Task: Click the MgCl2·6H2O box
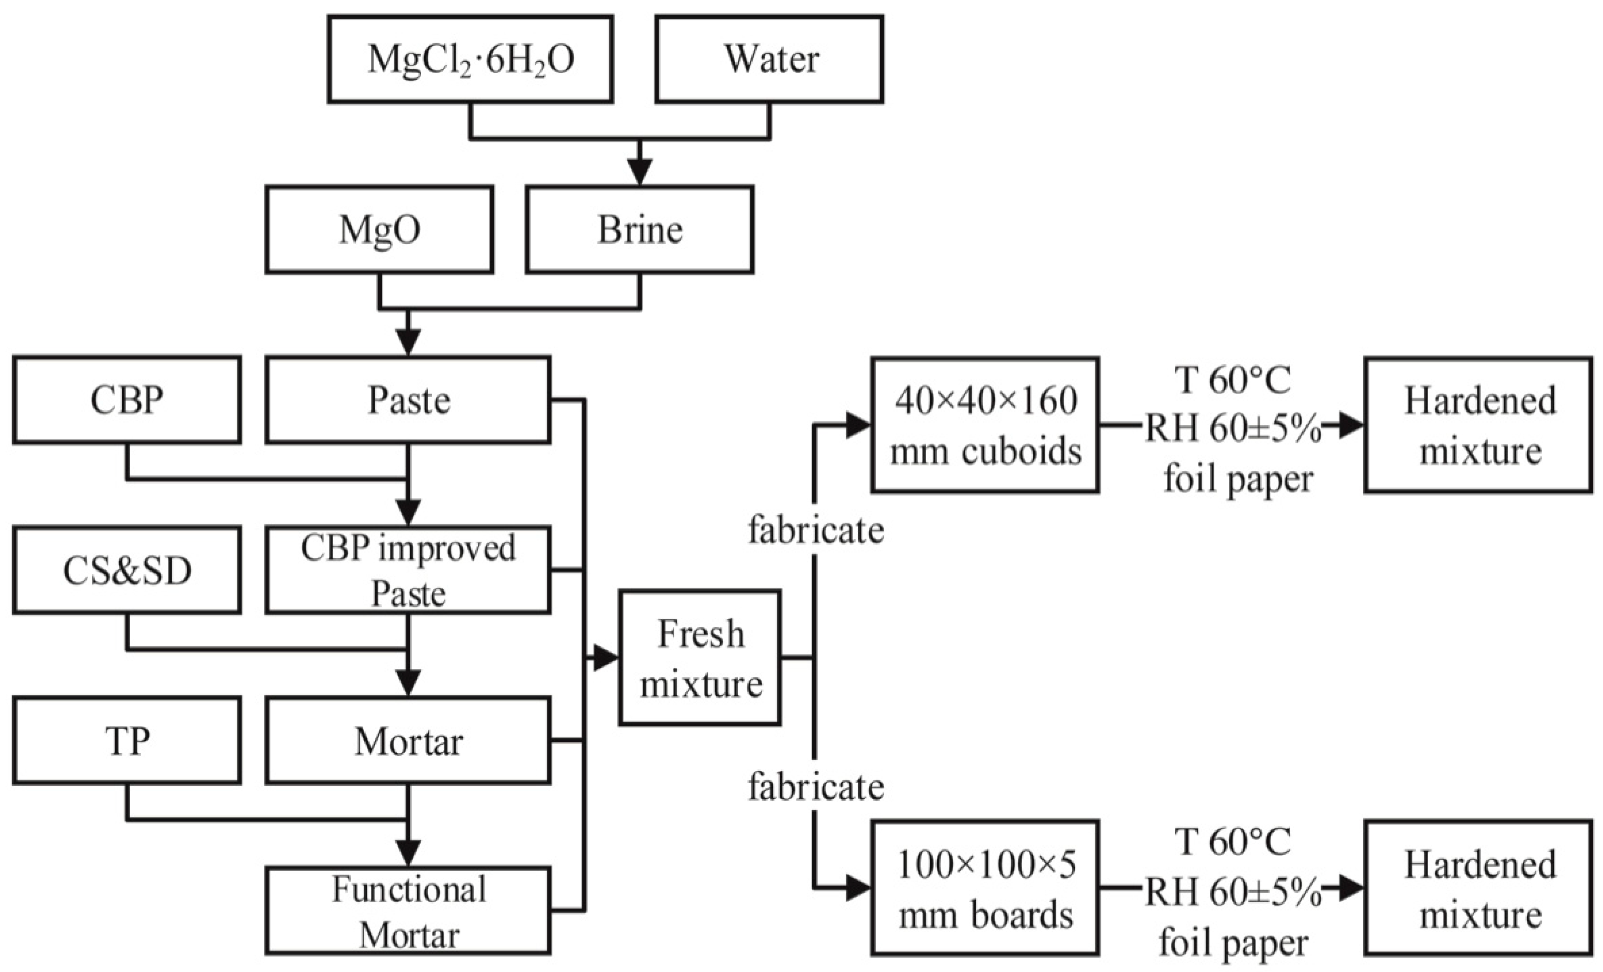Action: pyautogui.click(x=470, y=59)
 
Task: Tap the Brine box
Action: pyautogui.click(x=640, y=230)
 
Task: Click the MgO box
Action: pyautogui.click(x=379, y=230)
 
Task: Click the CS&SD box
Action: pyautogui.click(x=127, y=570)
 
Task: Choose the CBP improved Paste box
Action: pyautogui.click(x=408, y=570)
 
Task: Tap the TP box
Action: pyautogui.click(x=127, y=741)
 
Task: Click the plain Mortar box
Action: pyautogui.click(x=408, y=741)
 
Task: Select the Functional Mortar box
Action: pyautogui.click(x=408, y=911)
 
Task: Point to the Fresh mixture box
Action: pyautogui.click(x=700, y=658)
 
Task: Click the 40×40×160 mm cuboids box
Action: pyautogui.click(x=985, y=425)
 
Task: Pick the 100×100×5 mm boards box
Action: pyautogui.click(x=985, y=888)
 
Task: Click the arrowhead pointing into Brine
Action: pyautogui.click(x=640, y=172)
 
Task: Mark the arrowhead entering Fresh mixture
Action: pyautogui.click(x=604, y=658)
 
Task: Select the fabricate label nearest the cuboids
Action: pyautogui.click(x=815, y=530)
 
